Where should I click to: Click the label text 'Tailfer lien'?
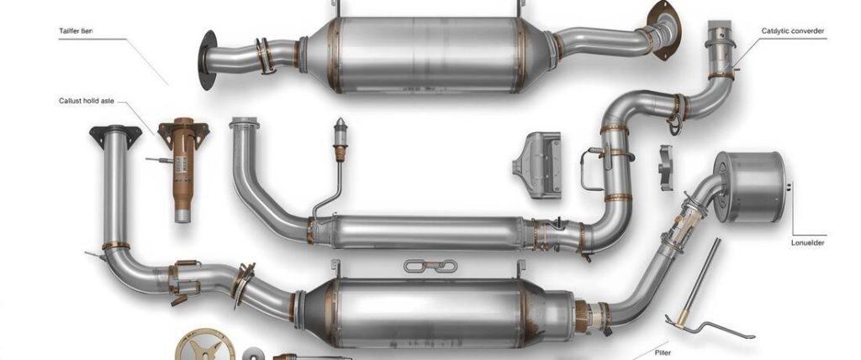77,29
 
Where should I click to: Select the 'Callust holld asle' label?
86,100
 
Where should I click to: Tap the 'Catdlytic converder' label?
792,31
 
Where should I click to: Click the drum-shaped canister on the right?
750,188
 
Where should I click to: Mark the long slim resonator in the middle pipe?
420,231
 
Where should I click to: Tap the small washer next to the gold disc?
254,354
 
